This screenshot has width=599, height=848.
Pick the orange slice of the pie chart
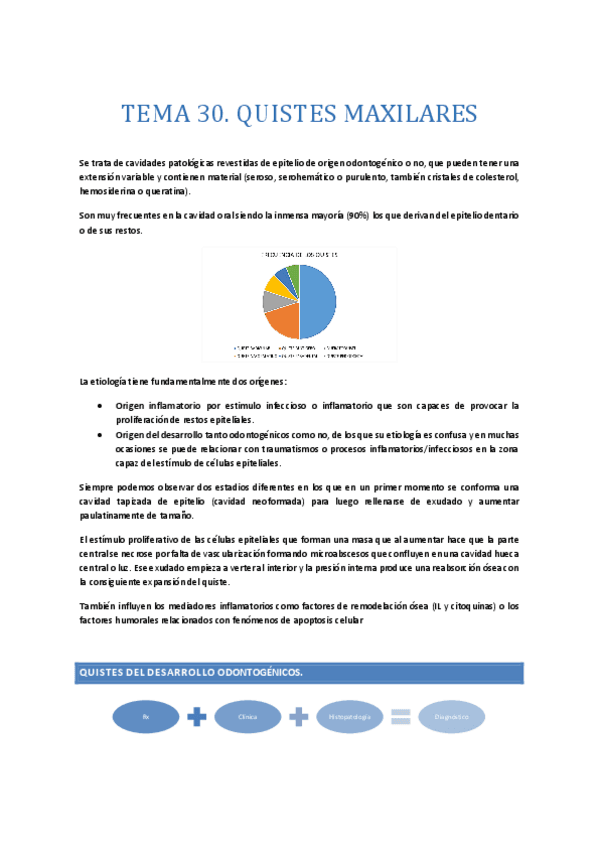pos(283,318)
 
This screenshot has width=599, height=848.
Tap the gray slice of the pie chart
pos(272,298)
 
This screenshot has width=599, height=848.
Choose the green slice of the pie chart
pos(293,270)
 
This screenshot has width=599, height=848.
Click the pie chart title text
pos(299,255)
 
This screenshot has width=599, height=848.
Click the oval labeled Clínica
pos(247,716)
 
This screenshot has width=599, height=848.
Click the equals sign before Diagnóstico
pos(400,716)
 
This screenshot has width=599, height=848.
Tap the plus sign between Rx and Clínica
pos(197,716)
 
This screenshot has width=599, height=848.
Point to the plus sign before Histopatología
pos(298,716)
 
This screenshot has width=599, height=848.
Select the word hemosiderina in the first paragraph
pos(110,191)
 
